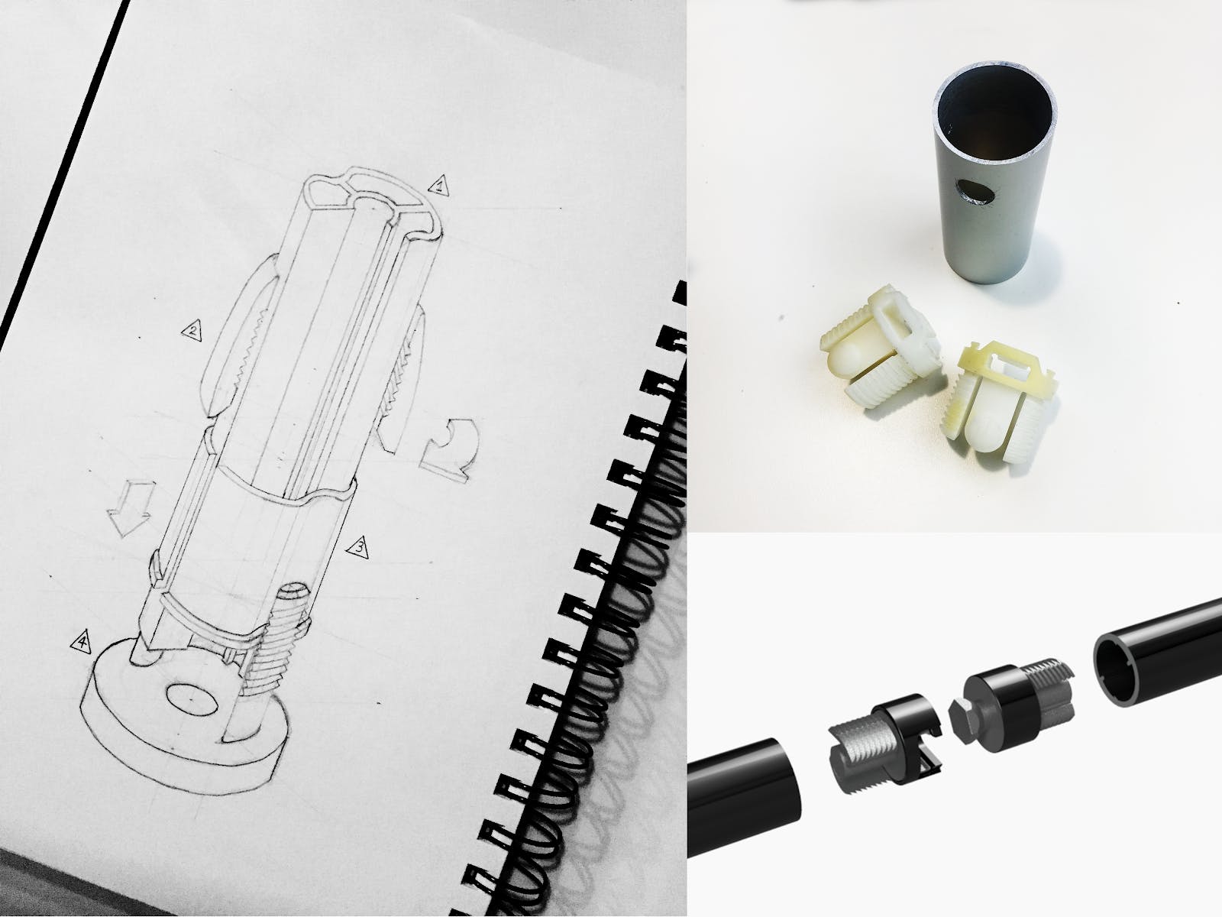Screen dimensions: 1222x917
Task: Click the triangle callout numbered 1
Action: [440, 186]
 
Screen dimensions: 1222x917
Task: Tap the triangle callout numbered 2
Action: [192, 331]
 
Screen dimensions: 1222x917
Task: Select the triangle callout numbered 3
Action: [358, 548]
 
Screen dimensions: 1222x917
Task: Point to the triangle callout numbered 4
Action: [81, 642]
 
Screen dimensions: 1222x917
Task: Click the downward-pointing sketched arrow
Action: [130, 507]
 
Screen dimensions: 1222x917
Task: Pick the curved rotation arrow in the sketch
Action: [450, 450]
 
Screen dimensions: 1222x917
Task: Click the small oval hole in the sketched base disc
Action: [192, 698]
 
